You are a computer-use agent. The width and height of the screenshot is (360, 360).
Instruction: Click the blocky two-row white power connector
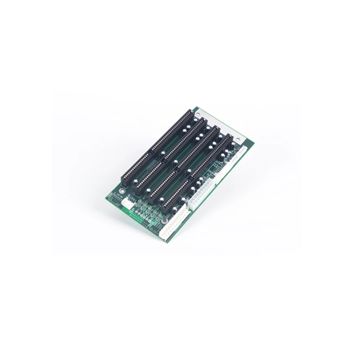click(198, 200)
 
